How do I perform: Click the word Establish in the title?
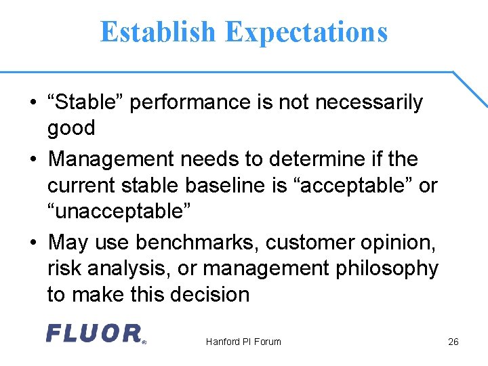[159, 32]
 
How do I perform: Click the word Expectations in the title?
[306, 32]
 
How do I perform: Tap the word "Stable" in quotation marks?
[85, 102]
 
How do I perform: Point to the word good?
[71, 127]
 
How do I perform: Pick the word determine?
[310, 159]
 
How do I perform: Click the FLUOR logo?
[96, 333]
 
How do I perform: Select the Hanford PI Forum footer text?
[243, 342]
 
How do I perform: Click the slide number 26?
[453, 342]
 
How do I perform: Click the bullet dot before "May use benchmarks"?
[33, 243]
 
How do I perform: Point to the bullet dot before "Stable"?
[33, 103]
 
